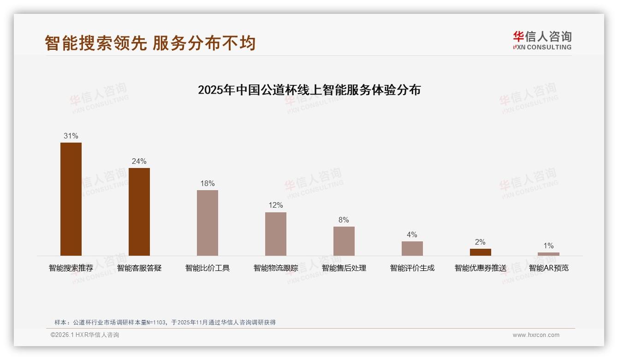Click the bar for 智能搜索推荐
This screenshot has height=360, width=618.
click(71, 199)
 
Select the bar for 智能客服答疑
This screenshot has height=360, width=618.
click(139, 212)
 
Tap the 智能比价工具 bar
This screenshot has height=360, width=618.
click(208, 223)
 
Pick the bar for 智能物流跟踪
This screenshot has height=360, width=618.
click(276, 234)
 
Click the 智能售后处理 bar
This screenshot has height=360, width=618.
click(344, 241)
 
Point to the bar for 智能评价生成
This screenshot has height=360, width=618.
click(412, 248)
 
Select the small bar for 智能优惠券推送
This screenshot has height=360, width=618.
click(481, 252)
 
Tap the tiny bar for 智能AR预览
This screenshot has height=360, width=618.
click(548, 254)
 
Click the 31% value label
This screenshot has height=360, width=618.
click(71, 136)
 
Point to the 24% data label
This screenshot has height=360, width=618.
click(139, 161)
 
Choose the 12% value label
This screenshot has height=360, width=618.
click(276, 205)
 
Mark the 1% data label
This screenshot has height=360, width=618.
click(548, 246)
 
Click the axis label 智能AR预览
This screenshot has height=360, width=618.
click(548, 268)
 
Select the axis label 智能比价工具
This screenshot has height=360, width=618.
click(208, 268)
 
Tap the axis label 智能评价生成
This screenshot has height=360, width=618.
click(412, 268)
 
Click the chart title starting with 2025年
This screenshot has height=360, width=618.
click(309, 90)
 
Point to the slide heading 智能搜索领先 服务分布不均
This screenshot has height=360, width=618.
click(150, 43)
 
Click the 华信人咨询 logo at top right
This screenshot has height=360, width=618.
click(542, 40)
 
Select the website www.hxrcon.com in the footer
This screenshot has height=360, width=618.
click(536, 335)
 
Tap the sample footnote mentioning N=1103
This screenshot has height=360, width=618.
click(165, 322)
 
